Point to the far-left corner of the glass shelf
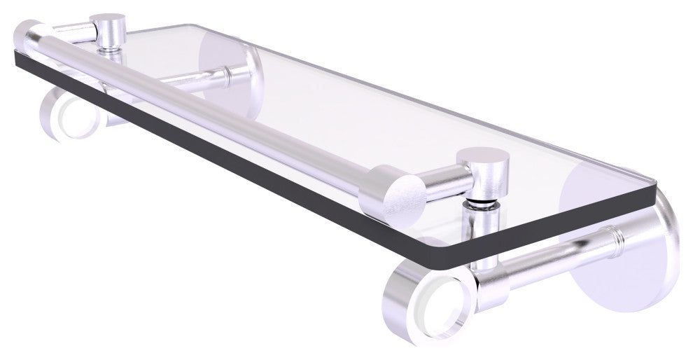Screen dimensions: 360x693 (x=15, y=52)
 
